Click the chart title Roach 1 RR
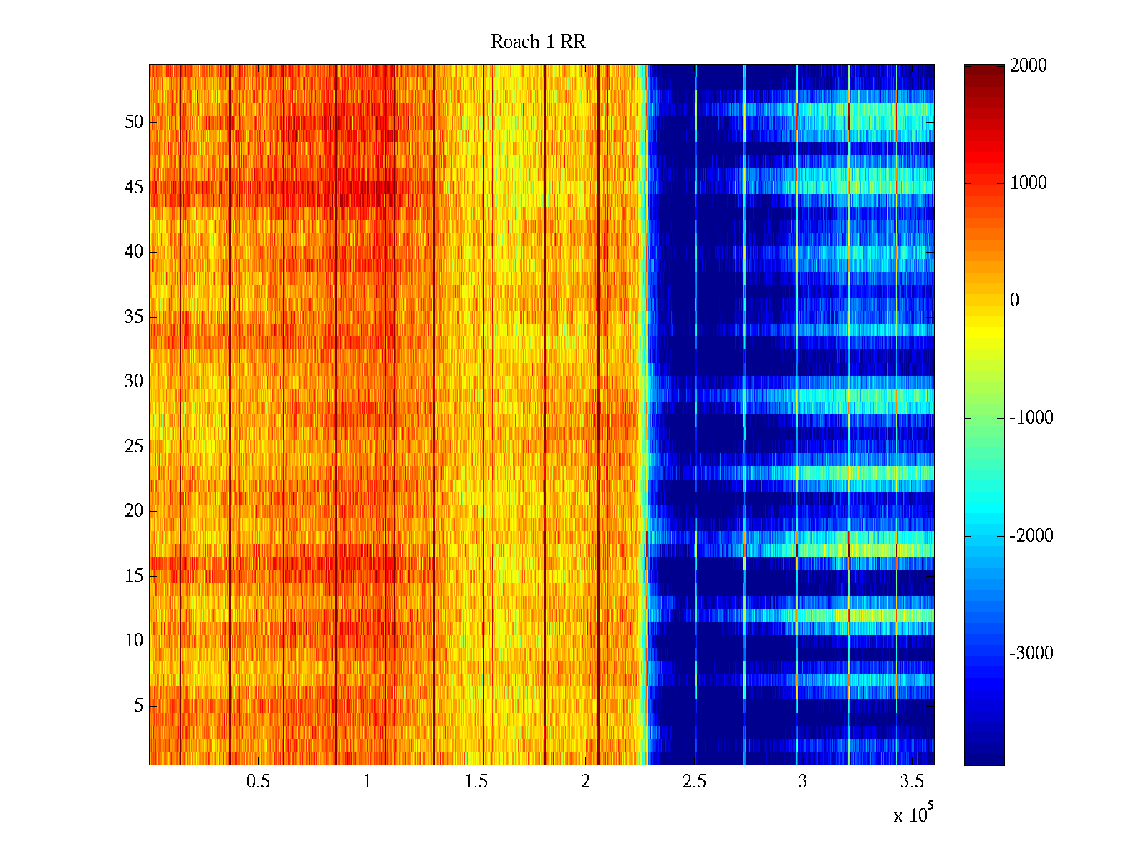tap(538, 42)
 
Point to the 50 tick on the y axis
tap(134, 122)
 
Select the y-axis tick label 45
tap(134, 188)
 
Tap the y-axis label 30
tap(134, 382)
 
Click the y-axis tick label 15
tap(134, 576)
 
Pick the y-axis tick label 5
tap(138, 706)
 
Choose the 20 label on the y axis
tap(134, 511)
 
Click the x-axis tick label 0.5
tap(258, 782)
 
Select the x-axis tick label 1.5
tap(476, 782)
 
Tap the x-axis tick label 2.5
tap(694, 782)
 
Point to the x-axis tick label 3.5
tap(912, 782)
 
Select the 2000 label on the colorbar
tap(1029, 66)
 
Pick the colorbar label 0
tap(1014, 301)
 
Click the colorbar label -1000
tap(1031, 418)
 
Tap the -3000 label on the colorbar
tap(1031, 653)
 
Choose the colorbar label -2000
tap(1031, 535)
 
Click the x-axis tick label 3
tap(803, 782)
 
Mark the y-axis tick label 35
tap(134, 317)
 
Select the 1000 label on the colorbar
tap(1029, 183)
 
